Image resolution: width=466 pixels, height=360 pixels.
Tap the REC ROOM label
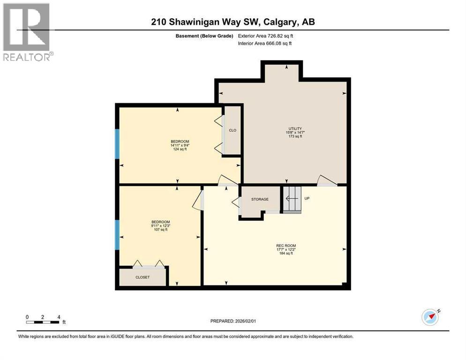pyautogui.click(x=286, y=245)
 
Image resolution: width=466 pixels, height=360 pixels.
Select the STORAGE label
pyautogui.click(x=260, y=199)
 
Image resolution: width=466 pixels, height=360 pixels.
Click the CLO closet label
pyautogui.click(x=232, y=130)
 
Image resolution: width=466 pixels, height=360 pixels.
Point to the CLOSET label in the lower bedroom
pyautogui.click(x=143, y=277)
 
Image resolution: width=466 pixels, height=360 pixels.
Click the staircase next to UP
pyautogui.click(x=292, y=199)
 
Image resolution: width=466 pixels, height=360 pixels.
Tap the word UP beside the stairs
pyautogui.click(x=308, y=198)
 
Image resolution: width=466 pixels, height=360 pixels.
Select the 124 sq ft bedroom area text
pyautogui.click(x=180, y=150)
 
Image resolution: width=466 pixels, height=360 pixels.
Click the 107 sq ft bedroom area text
pyautogui.click(x=160, y=230)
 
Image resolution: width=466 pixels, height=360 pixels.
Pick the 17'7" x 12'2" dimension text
pyautogui.click(x=286, y=249)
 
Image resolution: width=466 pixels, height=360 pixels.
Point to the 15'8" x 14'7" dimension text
pyautogui.click(x=294, y=132)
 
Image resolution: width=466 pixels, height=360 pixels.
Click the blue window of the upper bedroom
pyautogui.click(x=118, y=143)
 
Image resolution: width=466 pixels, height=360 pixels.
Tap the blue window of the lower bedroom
pyautogui.click(x=118, y=234)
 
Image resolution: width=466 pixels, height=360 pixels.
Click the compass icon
pyautogui.click(x=430, y=317)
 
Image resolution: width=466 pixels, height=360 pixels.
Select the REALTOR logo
pyautogui.click(x=27, y=32)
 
